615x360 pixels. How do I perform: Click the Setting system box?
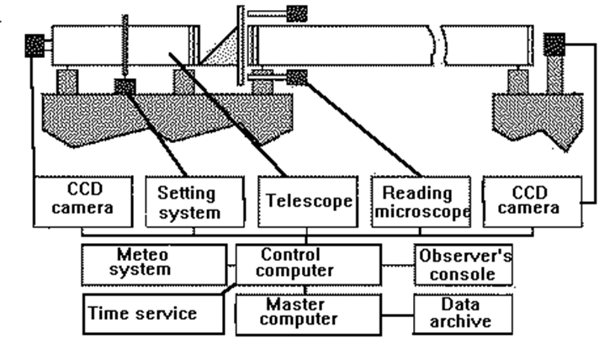(x=189, y=203)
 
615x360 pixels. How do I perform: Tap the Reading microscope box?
(x=418, y=203)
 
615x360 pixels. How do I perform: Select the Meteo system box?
(x=154, y=262)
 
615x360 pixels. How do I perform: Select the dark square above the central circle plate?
(x=297, y=13)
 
